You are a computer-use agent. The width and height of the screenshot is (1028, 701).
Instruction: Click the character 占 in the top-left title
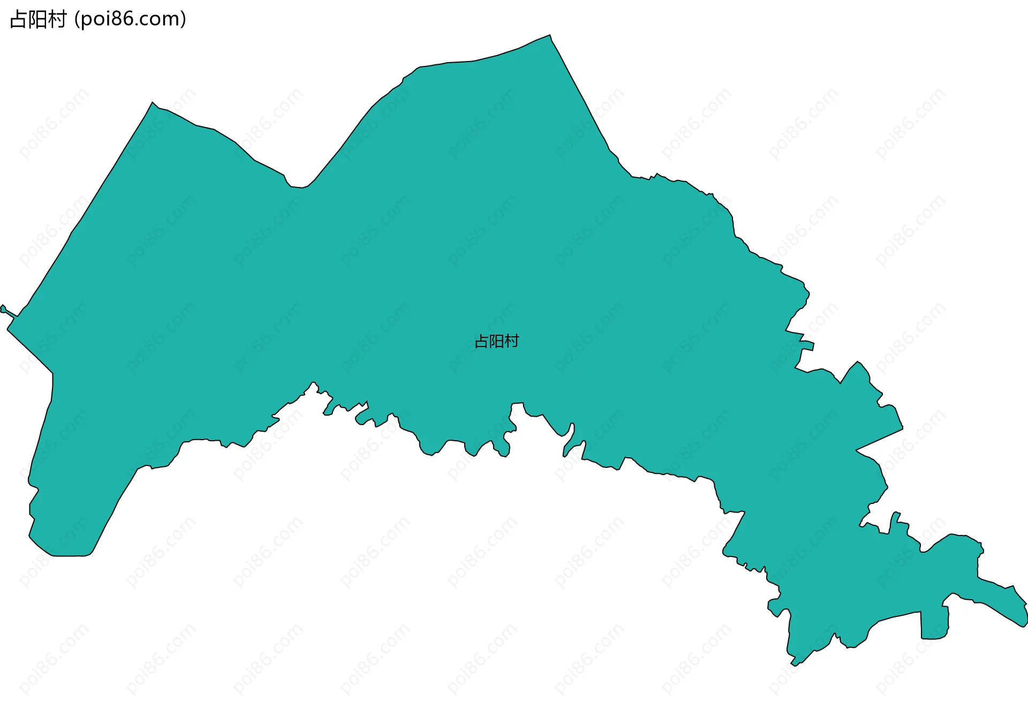18,19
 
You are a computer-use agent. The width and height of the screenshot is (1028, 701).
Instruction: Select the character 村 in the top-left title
57,19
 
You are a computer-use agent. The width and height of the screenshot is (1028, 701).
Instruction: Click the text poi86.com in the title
130,19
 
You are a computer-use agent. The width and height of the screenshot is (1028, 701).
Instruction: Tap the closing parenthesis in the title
183,19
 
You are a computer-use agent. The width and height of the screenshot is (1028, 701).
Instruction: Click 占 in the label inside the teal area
482,341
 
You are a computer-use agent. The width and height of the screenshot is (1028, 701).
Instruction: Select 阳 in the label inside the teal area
497,341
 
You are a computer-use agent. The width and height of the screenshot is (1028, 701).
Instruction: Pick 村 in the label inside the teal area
512,341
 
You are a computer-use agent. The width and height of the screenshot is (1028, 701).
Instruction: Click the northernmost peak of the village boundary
549,36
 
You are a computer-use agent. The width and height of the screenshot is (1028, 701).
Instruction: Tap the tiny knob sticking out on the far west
4,308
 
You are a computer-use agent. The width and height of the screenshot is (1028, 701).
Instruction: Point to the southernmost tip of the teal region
795,665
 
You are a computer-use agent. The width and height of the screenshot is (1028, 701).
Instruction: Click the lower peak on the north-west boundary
153,103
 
